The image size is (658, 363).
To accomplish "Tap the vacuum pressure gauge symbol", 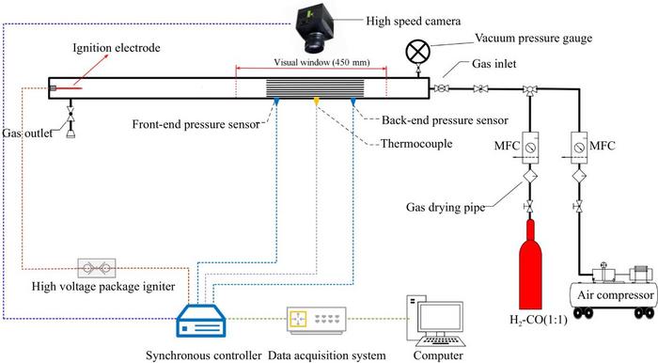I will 415,51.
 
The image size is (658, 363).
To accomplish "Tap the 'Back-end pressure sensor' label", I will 431,120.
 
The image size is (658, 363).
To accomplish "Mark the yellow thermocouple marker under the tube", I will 317,100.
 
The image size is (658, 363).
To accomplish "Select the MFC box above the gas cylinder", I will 531,148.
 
